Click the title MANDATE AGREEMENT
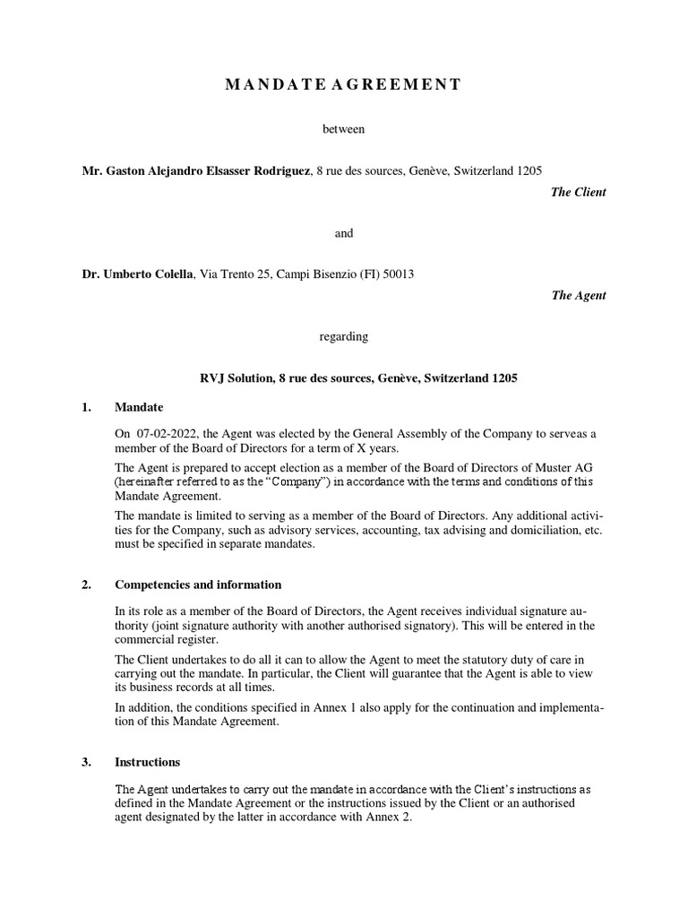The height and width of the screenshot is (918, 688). tap(344, 85)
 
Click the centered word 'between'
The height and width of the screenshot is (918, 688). tap(344, 130)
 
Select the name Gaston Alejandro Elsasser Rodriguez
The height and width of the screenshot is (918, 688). tap(197, 170)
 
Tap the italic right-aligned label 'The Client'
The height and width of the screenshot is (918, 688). tap(579, 192)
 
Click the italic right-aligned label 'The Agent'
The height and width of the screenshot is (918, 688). tap(579, 296)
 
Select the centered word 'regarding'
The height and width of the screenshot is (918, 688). tap(344, 337)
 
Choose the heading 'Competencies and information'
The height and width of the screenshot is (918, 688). tap(198, 585)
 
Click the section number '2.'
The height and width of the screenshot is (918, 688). tap(87, 585)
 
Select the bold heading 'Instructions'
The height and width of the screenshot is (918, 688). tap(148, 762)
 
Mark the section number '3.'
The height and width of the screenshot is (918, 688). tap(87, 762)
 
